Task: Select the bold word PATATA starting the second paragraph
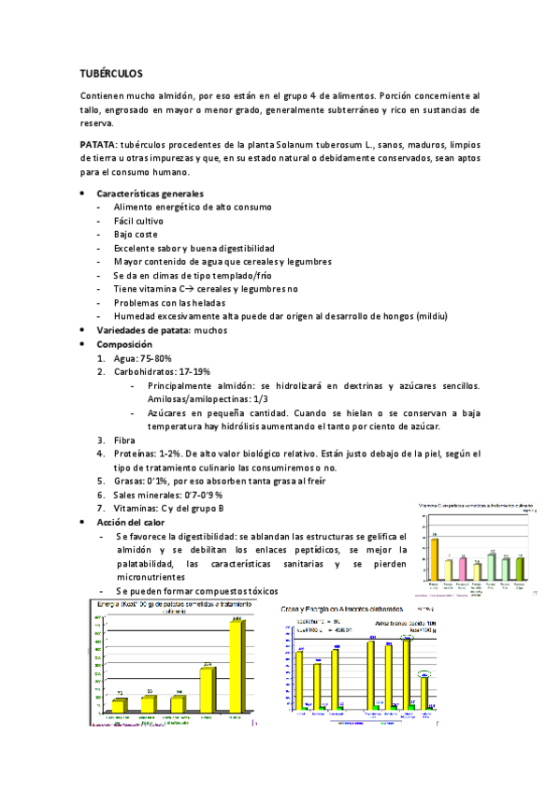click(x=98, y=146)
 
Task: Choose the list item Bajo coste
click(x=136, y=235)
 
